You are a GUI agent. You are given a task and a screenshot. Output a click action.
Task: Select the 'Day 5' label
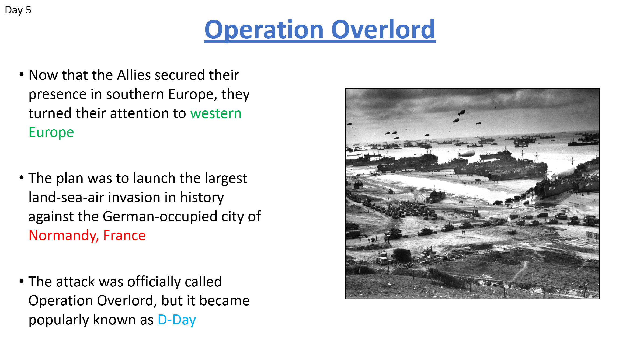click(18, 10)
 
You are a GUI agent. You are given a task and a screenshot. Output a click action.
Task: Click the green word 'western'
click(216, 113)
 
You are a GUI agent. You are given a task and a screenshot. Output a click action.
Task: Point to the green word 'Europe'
click(51, 133)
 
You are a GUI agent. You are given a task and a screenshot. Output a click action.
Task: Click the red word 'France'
click(124, 236)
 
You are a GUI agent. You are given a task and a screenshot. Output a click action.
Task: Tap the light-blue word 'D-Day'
click(177, 320)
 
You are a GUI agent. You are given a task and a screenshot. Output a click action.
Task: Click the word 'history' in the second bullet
click(202, 198)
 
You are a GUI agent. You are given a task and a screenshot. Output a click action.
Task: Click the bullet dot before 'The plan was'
click(22, 178)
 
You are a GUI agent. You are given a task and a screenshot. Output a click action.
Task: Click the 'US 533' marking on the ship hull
click(589, 185)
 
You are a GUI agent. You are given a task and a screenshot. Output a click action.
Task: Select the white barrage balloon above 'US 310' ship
click(564, 172)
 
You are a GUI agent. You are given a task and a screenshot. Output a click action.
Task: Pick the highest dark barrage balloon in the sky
click(462, 112)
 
